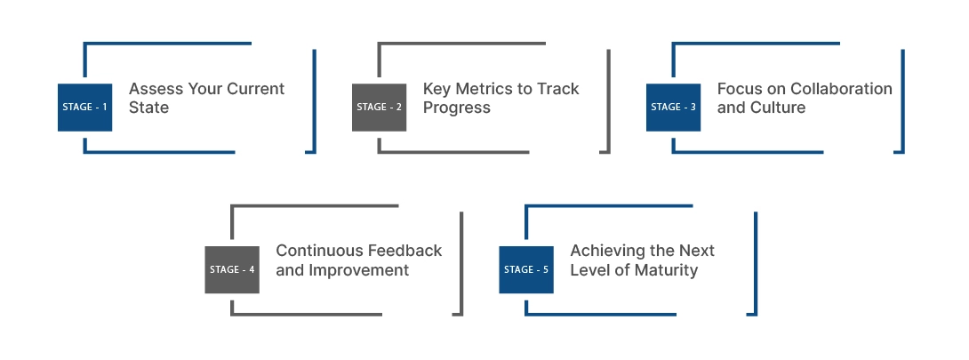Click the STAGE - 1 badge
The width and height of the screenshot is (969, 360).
click(84, 107)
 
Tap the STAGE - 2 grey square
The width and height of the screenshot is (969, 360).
click(379, 107)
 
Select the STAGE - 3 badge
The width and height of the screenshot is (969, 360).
click(673, 107)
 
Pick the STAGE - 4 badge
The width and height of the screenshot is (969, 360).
click(232, 269)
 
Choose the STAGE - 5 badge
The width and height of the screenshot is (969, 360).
click(526, 269)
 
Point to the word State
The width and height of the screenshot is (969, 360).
click(148, 108)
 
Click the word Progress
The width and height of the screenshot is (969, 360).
click(457, 108)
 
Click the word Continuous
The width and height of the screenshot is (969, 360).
click(316, 251)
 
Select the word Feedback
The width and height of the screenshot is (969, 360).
click(408, 251)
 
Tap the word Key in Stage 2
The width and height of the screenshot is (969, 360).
click(436, 89)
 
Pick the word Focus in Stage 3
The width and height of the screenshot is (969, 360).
click(740, 89)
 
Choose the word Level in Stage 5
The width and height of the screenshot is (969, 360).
click(589, 270)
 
